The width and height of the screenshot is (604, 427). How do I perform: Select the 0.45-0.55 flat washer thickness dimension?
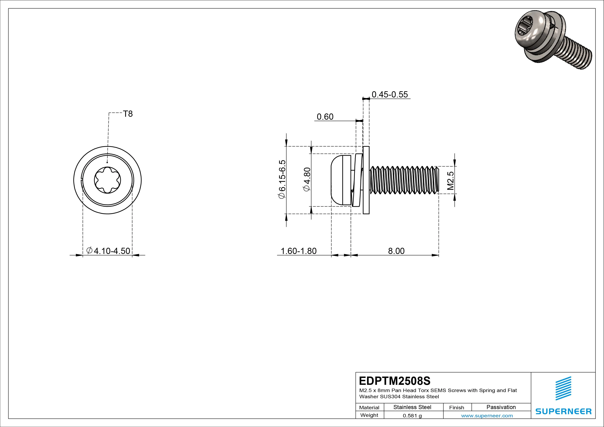[x=390, y=95]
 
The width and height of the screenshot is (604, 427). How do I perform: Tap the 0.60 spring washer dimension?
[x=325, y=117]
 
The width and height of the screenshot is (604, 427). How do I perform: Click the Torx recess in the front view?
[x=107, y=180]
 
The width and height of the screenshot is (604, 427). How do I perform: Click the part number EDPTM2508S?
[x=395, y=381]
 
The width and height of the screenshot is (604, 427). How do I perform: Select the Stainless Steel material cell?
[x=412, y=407]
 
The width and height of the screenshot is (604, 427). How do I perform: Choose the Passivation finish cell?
[x=501, y=407]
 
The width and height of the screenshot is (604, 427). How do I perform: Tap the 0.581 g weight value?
[x=412, y=416]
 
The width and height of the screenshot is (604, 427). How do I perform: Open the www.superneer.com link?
[x=487, y=416]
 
